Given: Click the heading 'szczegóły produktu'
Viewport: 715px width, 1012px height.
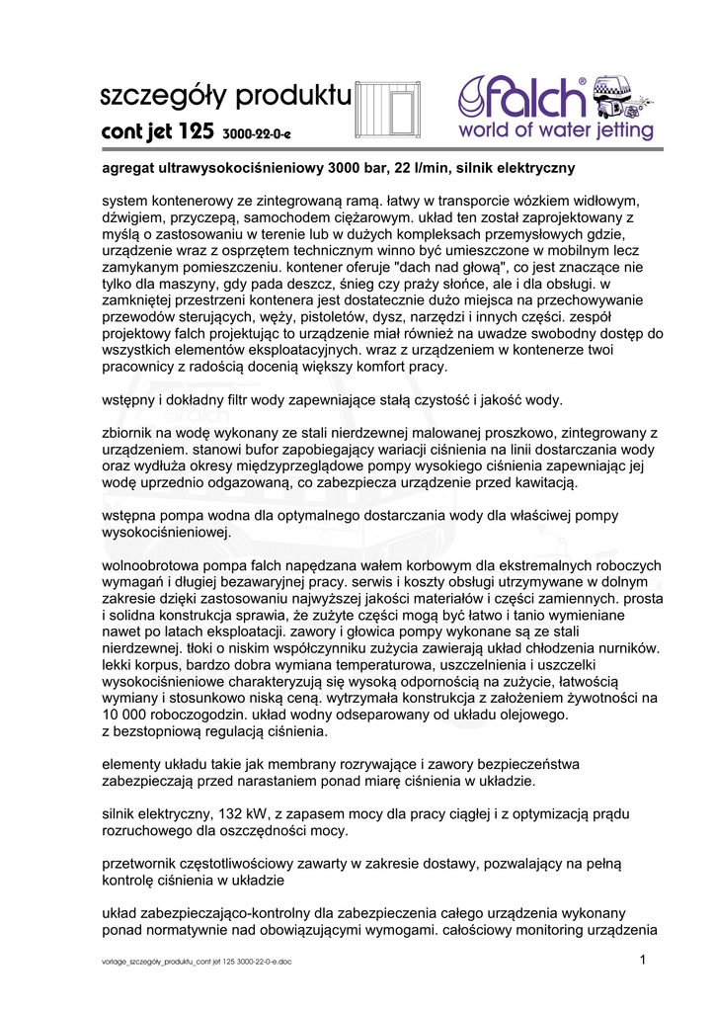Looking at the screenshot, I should pyautogui.click(x=225, y=97).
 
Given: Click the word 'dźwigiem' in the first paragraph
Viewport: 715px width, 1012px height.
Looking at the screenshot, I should pyautogui.click(x=133, y=217).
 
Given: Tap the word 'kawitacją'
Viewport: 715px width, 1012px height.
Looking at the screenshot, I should pyautogui.click(x=541, y=482).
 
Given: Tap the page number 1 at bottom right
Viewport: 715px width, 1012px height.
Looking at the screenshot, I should pyautogui.click(x=642, y=960).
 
